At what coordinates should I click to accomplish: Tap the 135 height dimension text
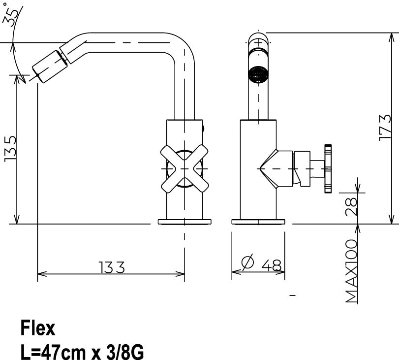11,149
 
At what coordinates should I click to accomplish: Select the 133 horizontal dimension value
112,267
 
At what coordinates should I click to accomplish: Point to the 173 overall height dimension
385,128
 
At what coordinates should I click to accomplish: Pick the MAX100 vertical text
351,271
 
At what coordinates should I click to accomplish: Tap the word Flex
38,328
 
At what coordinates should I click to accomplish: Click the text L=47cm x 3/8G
82,352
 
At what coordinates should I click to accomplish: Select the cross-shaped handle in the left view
185,168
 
